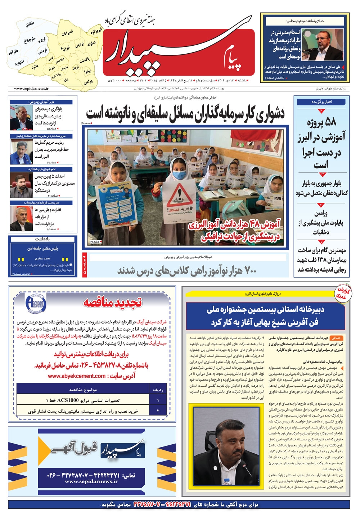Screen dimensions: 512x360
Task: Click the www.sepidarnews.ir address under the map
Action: coord(31,89)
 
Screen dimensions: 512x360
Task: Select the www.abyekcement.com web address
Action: coord(76,376)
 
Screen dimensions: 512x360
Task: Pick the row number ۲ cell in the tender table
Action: coord(158,411)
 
